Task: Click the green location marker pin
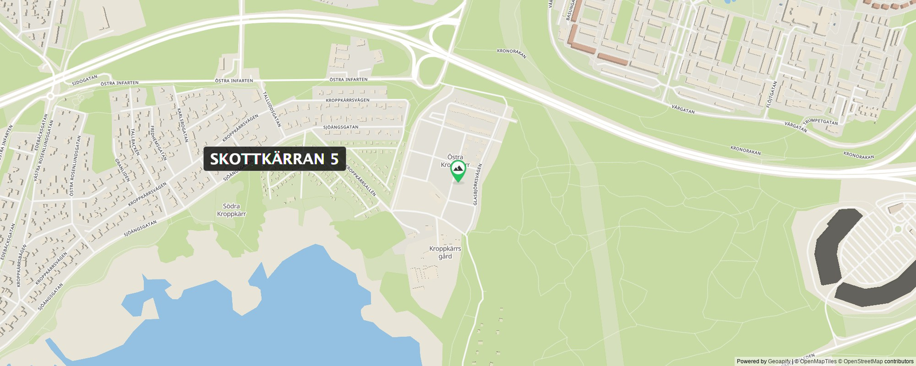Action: pyautogui.click(x=457, y=170)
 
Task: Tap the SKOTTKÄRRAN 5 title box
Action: pyautogui.click(x=274, y=159)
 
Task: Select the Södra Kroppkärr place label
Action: pyautogui.click(x=231, y=210)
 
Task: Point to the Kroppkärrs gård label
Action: pyautogui.click(x=445, y=252)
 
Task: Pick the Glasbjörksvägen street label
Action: pyautogui.click(x=477, y=184)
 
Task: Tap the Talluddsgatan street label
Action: pyautogui.click(x=273, y=109)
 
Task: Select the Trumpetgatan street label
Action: pyautogui.click(x=820, y=122)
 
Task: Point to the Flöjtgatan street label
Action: pyautogui.click(x=772, y=94)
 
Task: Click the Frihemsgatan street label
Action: pyautogui.click(x=159, y=142)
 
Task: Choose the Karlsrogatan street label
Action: pyautogui.click(x=183, y=125)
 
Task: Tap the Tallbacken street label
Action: pyautogui.click(x=135, y=142)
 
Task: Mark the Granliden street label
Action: pyautogui.click(x=123, y=170)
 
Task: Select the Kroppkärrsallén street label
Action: pyautogui.click(x=361, y=181)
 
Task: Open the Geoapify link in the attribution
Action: pyautogui.click(x=779, y=361)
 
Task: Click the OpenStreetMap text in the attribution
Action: pyautogui.click(x=863, y=361)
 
